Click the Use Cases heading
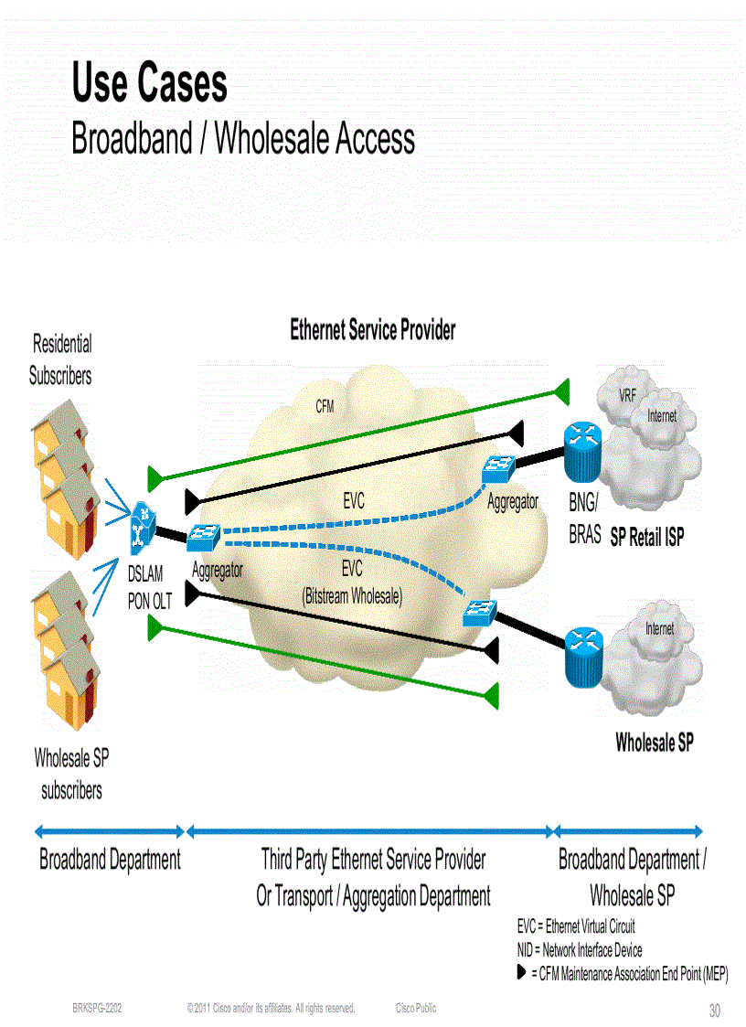(x=150, y=84)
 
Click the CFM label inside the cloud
(x=325, y=407)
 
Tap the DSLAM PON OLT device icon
(x=141, y=529)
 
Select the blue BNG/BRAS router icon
(x=580, y=452)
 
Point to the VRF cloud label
(x=627, y=396)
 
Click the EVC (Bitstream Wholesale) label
(x=352, y=583)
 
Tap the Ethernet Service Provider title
(x=372, y=330)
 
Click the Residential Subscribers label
(x=61, y=359)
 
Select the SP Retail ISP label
(x=646, y=538)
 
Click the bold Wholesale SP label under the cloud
(x=654, y=743)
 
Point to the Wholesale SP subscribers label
(x=71, y=774)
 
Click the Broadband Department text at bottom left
(x=110, y=861)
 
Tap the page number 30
(x=715, y=1011)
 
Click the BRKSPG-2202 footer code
(x=97, y=1008)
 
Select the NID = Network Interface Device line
(x=580, y=950)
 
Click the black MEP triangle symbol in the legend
(x=521, y=974)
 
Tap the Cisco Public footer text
(x=416, y=1008)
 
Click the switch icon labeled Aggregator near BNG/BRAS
(x=498, y=469)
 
